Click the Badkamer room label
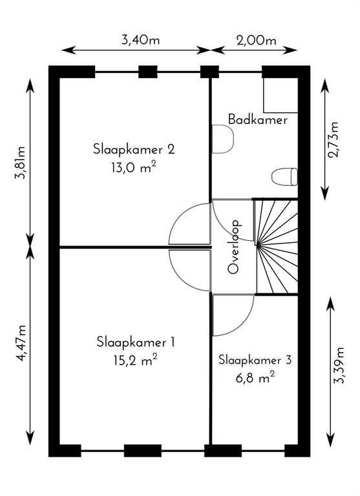click(x=258, y=119)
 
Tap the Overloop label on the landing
click(x=235, y=247)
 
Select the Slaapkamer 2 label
click(x=134, y=149)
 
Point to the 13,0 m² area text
click(x=134, y=167)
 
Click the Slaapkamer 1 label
click(x=136, y=342)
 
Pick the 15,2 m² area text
click(x=136, y=360)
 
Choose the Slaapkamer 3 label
click(x=255, y=360)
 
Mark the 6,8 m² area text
click(x=255, y=378)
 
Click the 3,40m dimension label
click(x=141, y=40)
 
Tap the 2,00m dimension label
click(x=257, y=40)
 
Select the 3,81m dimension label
click(x=20, y=163)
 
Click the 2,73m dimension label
click(x=334, y=139)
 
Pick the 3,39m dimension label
click(x=339, y=366)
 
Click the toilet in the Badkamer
click(x=284, y=176)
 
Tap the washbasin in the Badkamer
click(x=222, y=139)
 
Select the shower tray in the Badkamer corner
click(x=281, y=95)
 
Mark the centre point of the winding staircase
click(x=258, y=245)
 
